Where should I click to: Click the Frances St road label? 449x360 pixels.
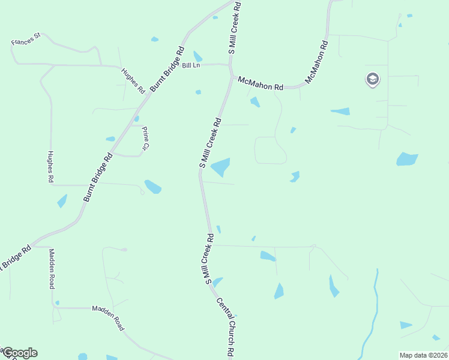pos(25,40)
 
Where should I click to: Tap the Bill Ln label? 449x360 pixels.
pos(191,66)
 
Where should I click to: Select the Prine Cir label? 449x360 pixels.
pos(145,138)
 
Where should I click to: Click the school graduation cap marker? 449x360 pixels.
pos(372,79)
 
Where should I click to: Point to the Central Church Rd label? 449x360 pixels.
pos(225,328)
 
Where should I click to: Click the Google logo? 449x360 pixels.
pos(19,353)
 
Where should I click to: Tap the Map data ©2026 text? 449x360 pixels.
pos(423,355)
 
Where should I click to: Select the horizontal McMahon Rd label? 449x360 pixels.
pos(260,83)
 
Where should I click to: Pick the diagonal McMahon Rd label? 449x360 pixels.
pos(316,62)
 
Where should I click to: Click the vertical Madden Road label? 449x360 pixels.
pos(52,269)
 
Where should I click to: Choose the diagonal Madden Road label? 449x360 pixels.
pos(108,317)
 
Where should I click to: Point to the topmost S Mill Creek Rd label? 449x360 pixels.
pos(235,28)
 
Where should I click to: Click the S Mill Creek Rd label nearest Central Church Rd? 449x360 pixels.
pos(209,259)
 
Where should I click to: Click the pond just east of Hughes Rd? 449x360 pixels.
pos(62,201)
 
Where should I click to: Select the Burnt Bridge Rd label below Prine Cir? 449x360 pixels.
pos(98,178)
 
